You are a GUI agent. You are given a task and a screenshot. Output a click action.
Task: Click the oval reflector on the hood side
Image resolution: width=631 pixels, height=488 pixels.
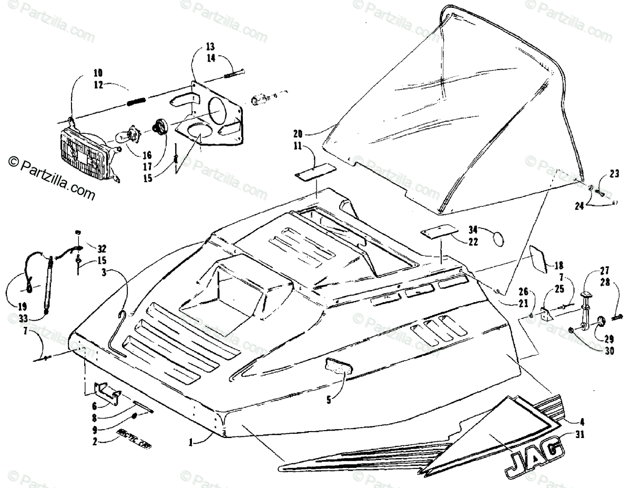[337, 364]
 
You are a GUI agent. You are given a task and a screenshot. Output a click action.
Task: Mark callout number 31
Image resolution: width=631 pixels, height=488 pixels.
[581, 435]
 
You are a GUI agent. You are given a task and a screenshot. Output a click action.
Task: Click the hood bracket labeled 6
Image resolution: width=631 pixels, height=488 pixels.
[108, 393]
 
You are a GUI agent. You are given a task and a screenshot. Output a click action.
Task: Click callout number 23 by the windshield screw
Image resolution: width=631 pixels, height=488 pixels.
[601, 174]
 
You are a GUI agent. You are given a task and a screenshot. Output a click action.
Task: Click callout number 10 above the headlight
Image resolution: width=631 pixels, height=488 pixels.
[84, 73]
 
